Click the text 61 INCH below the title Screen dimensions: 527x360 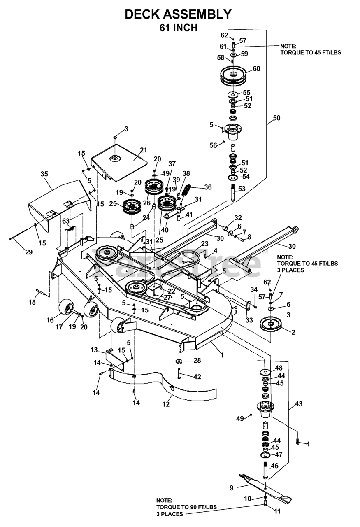tap(178, 28)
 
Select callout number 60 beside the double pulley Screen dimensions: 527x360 tap(256, 69)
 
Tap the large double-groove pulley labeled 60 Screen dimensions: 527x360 tap(233, 76)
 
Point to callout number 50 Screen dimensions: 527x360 tap(276, 118)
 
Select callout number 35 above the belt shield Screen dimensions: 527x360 tap(44, 174)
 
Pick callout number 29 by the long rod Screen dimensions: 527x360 tap(28, 252)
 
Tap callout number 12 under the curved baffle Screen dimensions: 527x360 tap(166, 404)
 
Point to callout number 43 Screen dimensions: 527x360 tap(299, 404)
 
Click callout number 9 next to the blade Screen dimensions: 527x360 tap(232, 488)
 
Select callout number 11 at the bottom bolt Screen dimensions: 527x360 tap(277, 511)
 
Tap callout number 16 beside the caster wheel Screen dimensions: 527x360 tap(50, 320)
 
